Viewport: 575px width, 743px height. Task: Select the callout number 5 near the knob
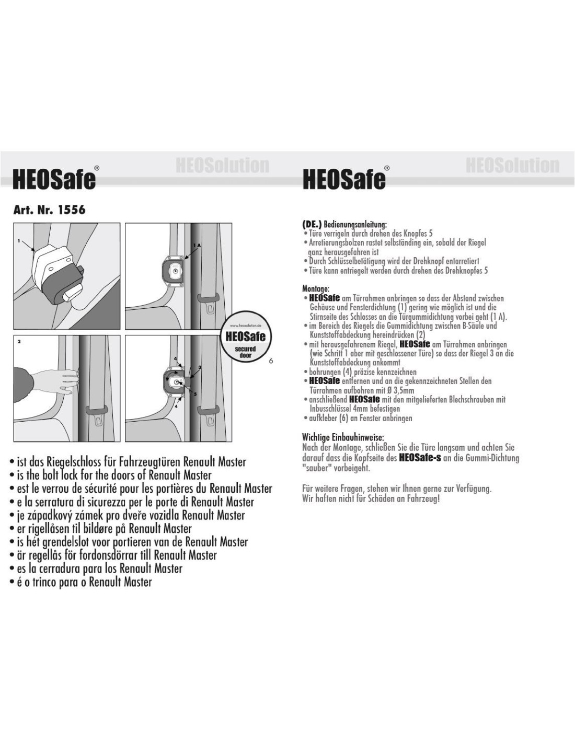coord(195,394)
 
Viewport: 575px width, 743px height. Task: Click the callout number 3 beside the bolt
coord(199,367)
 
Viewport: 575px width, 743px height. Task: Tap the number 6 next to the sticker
coord(271,361)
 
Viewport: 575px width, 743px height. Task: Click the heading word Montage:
coord(316,288)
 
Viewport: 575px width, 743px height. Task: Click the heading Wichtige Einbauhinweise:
coord(343,437)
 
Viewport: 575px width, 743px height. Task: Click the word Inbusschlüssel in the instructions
coord(328,409)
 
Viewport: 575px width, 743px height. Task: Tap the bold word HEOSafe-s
coord(420,458)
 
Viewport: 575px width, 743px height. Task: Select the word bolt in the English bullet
coord(68,475)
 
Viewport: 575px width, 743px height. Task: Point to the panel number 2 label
coord(19,342)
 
